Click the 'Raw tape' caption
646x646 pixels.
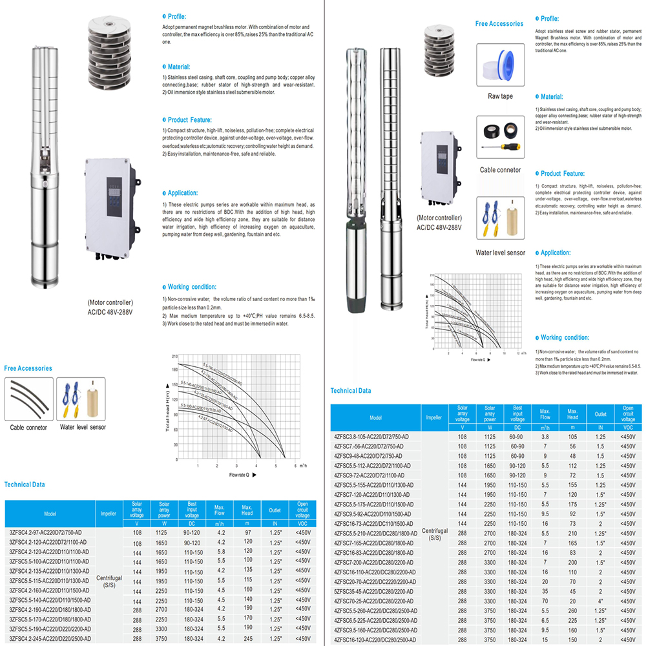[x=500, y=96]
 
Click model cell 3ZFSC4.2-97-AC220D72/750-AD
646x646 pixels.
[x=50, y=532]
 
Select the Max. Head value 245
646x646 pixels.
[x=247, y=639]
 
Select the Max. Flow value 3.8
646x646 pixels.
[x=545, y=437]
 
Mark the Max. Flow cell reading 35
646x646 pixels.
[x=545, y=590]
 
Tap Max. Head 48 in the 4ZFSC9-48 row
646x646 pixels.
[x=572, y=455]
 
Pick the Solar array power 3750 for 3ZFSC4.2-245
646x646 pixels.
[x=164, y=639]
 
